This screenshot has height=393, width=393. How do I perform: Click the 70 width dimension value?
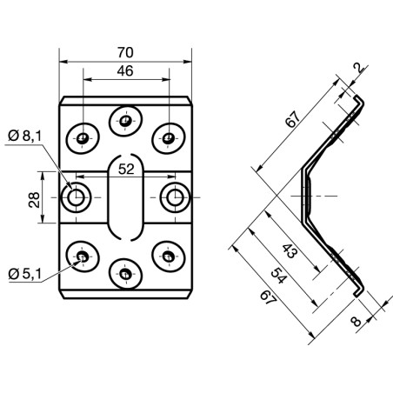125,53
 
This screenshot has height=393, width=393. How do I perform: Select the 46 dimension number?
125,71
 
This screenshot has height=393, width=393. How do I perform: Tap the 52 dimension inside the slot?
126,170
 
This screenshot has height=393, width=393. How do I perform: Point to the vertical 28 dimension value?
34,200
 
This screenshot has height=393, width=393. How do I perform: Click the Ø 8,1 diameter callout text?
25,136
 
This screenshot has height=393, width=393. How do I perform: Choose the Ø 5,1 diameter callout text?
25,274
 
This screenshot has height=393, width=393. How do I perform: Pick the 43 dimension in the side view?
290,251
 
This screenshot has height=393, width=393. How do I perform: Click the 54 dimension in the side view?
278,276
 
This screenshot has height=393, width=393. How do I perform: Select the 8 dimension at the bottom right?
356,322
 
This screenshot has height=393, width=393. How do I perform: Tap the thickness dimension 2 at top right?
359,68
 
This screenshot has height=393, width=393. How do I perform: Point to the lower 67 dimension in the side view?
268,298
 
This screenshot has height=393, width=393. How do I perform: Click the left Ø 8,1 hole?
77,197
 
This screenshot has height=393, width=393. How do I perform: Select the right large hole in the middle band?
175,197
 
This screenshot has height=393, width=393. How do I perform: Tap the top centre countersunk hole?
125,121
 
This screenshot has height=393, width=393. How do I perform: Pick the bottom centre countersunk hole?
125,274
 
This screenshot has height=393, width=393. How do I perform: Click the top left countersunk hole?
83,137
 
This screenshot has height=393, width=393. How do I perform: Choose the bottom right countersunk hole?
169,256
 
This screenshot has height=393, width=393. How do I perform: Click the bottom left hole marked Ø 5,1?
83,256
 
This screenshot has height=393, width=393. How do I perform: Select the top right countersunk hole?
169,137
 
